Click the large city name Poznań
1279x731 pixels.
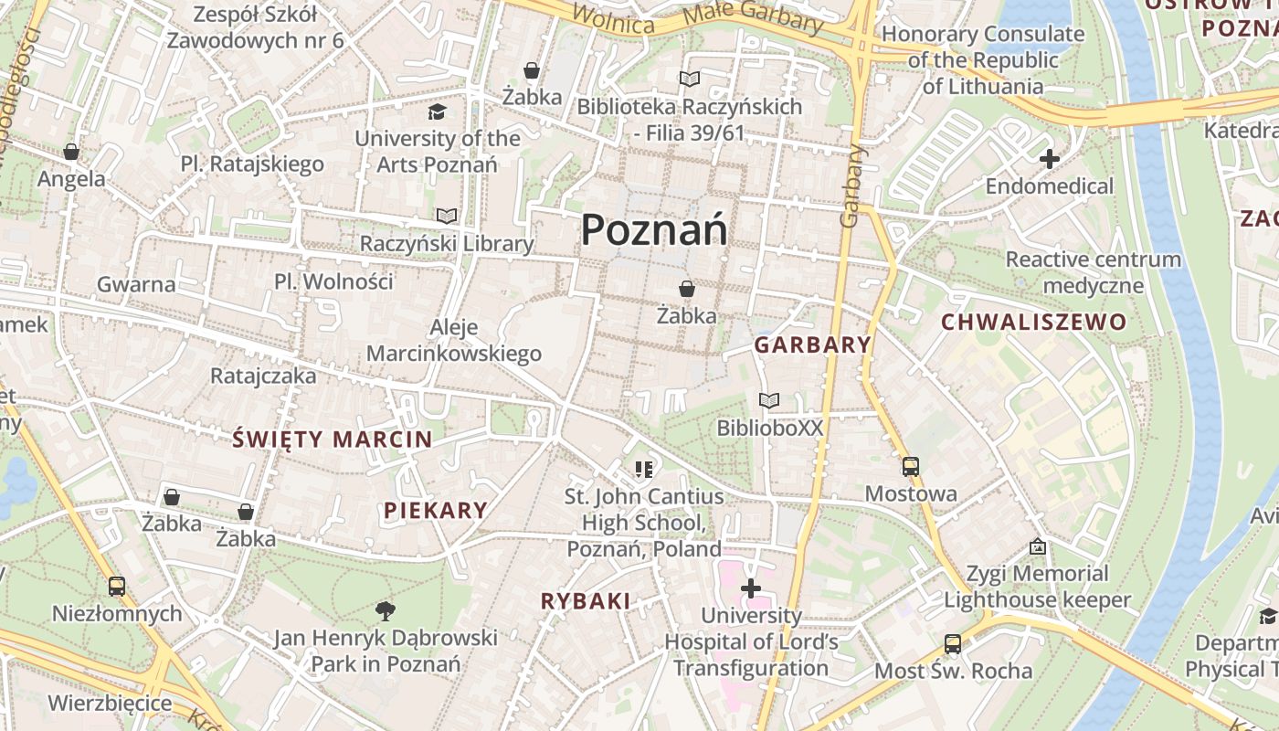click(x=654, y=228)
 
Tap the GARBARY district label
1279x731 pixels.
click(x=812, y=344)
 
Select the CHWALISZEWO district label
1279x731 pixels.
click(x=1033, y=322)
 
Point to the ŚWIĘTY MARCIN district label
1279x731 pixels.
click(x=332, y=439)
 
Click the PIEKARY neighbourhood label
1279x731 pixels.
click(x=436, y=510)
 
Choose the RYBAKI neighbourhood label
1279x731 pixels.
click(x=586, y=600)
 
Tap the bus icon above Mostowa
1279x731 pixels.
click(x=911, y=467)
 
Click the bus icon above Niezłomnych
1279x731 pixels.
click(x=116, y=586)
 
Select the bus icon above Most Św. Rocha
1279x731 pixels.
click(x=952, y=643)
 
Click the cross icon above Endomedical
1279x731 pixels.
click(x=1049, y=159)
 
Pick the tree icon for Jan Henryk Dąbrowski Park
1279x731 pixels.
click(x=386, y=610)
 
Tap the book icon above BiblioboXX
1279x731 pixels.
click(x=769, y=400)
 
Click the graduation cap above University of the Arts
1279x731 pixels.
click(x=438, y=111)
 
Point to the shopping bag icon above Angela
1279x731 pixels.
click(x=71, y=152)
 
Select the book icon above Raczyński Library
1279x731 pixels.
click(x=447, y=217)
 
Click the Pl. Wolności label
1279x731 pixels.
click(x=333, y=281)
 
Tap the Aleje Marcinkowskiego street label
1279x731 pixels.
click(x=454, y=341)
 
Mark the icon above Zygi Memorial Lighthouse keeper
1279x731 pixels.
click(x=1037, y=546)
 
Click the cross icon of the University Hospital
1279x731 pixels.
click(x=751, y=588)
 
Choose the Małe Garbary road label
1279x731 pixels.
click(x=753, y=19)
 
